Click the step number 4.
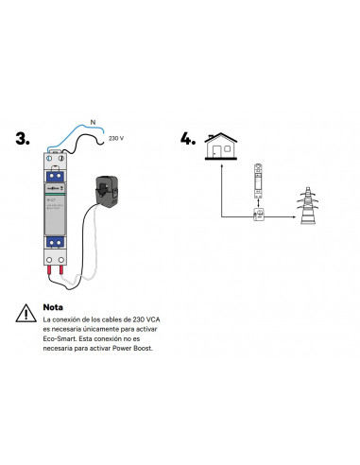pos(188,139)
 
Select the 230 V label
pos(116,138)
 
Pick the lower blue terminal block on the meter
pos(53,240)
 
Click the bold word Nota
pos(55,307)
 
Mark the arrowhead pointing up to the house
pos(222,164)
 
